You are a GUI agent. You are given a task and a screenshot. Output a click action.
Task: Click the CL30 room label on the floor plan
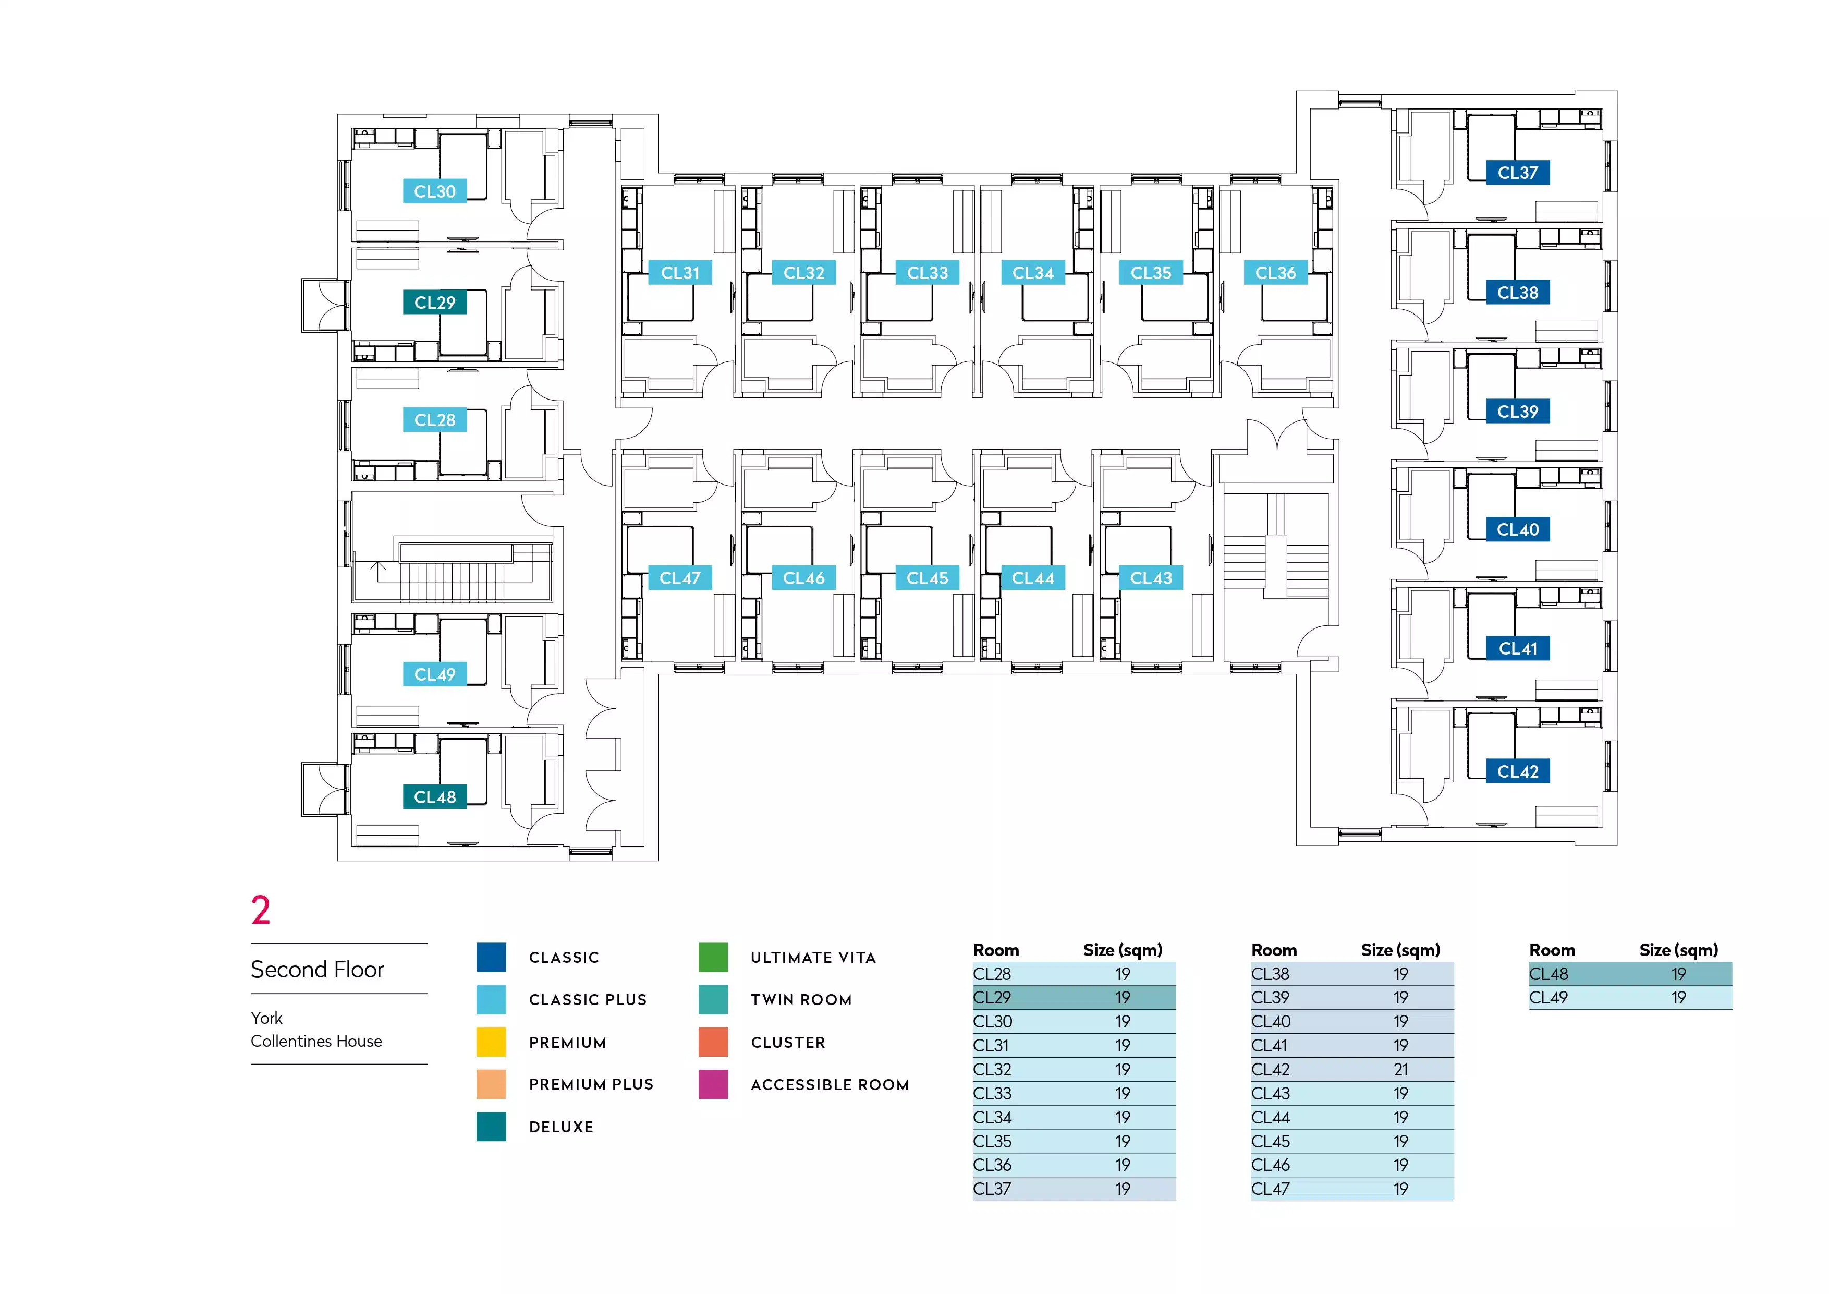pyautogui.click(x=434, y=191)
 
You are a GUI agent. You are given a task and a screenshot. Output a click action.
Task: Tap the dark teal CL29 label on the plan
pyautogui.click(x=434, y=303)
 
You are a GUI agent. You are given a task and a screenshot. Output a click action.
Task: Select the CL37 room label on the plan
pyautogui.click(x=1518, y=173)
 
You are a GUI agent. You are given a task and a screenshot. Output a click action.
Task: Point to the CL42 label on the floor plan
pyautogui.click(x=1518, y=771)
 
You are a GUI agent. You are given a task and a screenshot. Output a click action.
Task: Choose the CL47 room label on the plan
pyautogui.click(x=679, y=578)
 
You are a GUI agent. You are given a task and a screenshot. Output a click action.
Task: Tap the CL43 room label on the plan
pyautogui.click(x=1151, y=578)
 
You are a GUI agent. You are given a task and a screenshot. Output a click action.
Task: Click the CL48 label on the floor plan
pyautogui.click(x=434, y=797)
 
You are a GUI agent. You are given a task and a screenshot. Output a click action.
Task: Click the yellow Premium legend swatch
pyautogui.click(x=491, y=1042)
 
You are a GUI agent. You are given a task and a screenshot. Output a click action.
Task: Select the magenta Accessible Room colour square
pyautogui.click(x=713, y=1084)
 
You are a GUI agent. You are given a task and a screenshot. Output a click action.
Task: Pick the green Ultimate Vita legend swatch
pyautogui.click(x=713, y=957)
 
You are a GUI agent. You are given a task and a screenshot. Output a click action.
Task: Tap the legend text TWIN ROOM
pyautogui.click(x=801, y=1000)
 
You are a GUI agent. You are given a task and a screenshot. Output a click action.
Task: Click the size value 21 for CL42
pyautogui.click(x=1400, y=1069)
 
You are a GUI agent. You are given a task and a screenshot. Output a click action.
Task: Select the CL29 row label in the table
pyautogui.click(x=992, y=998)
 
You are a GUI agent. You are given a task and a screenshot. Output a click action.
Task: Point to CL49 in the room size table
pyautogui.click(x=1548, y=998)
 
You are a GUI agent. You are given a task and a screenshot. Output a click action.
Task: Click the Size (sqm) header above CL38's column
pyautogui.click(x=1400, y=950)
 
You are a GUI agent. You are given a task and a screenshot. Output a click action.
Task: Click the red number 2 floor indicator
pyautogui.click(x=261, y=910)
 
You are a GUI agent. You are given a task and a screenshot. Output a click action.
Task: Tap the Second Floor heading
pyautogui.click(x=317, y=970)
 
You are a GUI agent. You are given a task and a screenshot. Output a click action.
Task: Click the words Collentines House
pyautogui.click(x=316, y=1042)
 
